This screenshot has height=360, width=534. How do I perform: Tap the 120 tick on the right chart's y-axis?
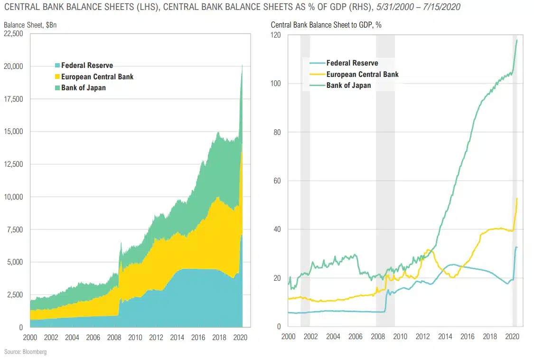(275, 36)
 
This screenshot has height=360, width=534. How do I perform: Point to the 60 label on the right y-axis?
(277, 181)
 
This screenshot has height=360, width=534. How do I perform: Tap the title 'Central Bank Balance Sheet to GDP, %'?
(326, 25)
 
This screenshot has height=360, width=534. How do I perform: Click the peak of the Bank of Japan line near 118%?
(517, 40)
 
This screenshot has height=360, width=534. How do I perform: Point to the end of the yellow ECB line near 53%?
(517, 199)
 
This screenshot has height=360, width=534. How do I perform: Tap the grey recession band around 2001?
(305, 180)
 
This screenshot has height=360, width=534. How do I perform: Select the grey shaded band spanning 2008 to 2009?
(385, 180)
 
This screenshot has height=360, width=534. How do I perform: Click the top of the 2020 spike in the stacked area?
(243, 66)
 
